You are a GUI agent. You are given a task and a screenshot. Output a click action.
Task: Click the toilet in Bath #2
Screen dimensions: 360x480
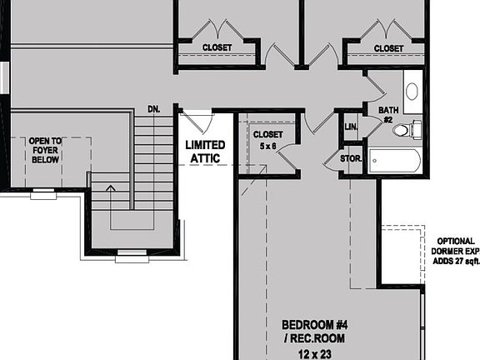pos(403,130)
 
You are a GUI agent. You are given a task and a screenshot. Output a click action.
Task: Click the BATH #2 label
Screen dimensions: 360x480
pos(389,113)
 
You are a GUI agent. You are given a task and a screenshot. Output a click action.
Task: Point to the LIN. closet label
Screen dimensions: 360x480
pos(350,126)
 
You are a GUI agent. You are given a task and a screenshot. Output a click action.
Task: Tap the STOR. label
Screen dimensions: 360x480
pos(350,157)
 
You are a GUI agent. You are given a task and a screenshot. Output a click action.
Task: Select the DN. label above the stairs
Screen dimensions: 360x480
pos(153,109)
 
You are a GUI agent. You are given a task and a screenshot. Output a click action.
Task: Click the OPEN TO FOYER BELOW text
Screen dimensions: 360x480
pos(46,150)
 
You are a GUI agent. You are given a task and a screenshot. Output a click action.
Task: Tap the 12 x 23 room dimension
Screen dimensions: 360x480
pos(312,352)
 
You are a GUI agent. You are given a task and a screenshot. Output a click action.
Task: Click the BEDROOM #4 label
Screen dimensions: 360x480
pos(312,324)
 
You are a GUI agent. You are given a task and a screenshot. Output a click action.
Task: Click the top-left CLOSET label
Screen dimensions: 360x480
pos(217,48)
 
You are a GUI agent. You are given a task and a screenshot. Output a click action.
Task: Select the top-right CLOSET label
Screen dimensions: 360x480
pos(388,48)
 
